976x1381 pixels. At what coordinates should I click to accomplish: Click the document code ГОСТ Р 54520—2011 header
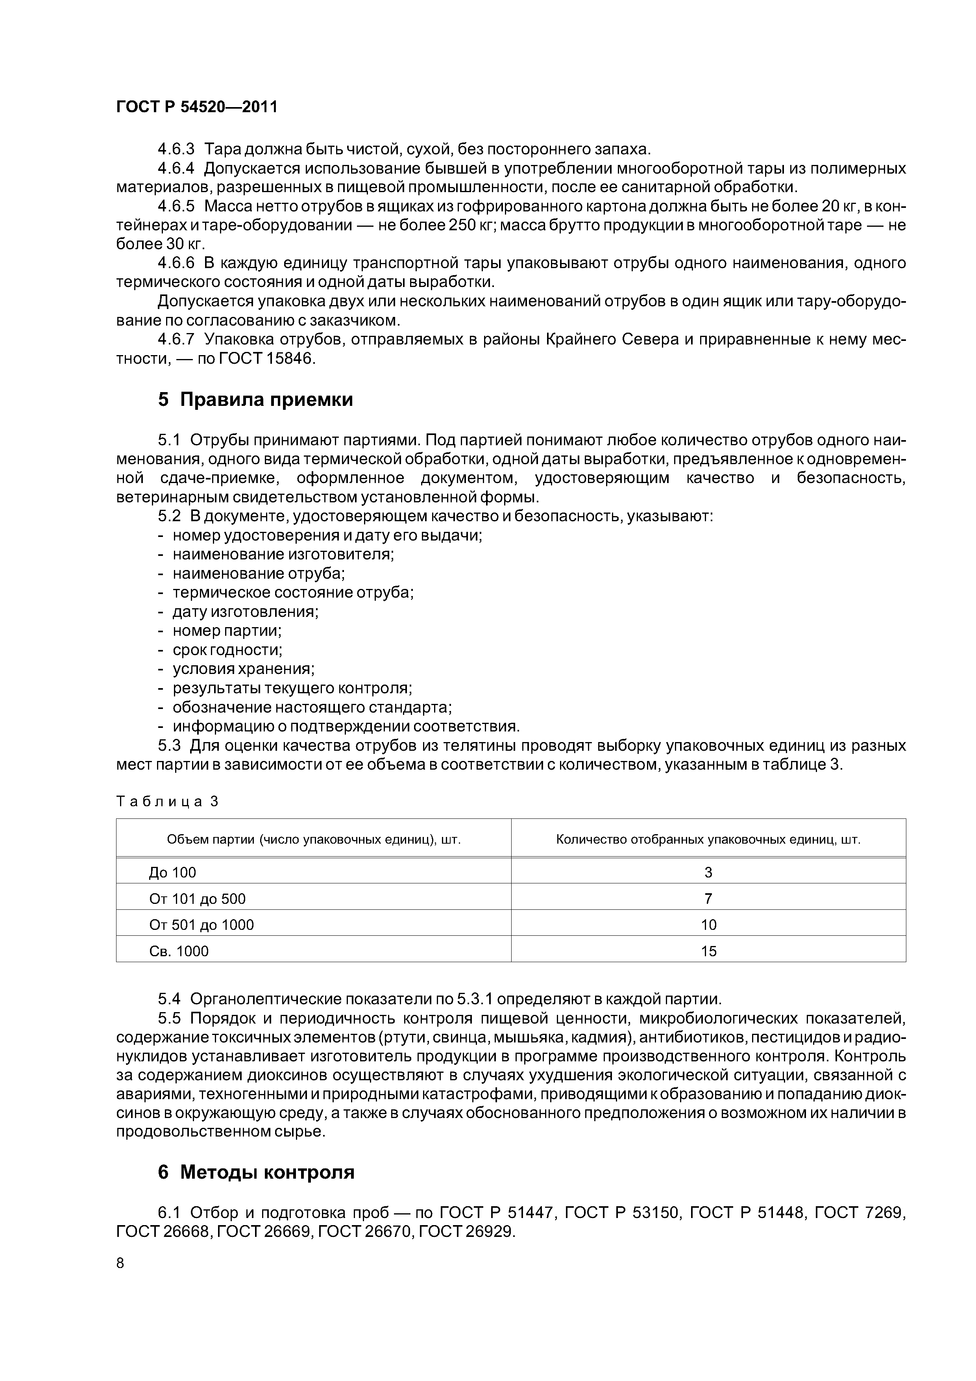pyautogui.click(x=197, y=107)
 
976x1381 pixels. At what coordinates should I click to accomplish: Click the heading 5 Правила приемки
pyautogui.click(x=255, y=400)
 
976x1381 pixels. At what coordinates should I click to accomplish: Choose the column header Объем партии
pyautogui.click(x=313, y=839)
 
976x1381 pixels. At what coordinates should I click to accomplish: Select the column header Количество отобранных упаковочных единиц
pyautogui.click(x=708, y=839)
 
